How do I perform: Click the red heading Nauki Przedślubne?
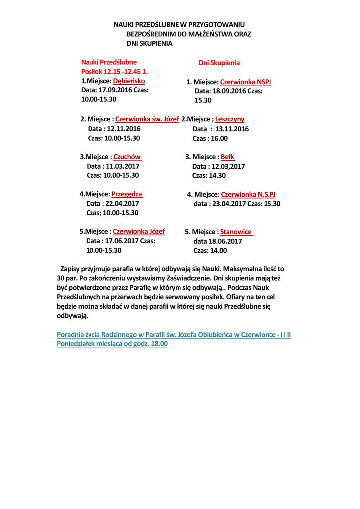(108, 63)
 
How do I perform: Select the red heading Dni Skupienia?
(219, 63)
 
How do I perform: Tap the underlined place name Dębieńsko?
(129, 81)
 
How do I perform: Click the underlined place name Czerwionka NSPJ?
(246, 82)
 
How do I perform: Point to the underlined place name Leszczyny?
(230, 119)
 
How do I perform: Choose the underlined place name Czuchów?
(127, 157)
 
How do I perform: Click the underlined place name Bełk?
(228, 157)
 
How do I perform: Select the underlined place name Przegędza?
(127, 194)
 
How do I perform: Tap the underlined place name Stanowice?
(236, 232)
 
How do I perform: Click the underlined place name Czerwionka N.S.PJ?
(248, 194)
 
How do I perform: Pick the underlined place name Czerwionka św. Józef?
(147, 119)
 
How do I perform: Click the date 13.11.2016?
(232, 129)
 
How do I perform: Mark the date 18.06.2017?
(226, 241)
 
